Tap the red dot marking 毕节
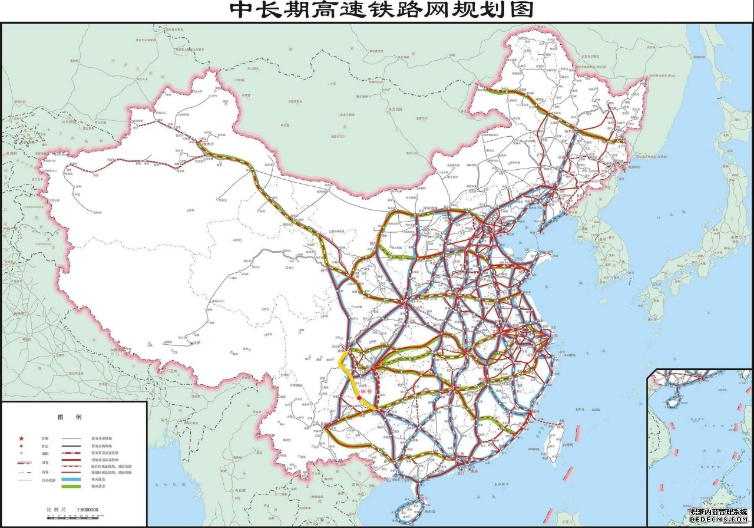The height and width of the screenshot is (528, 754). click(359, 399)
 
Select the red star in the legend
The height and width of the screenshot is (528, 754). click(22, 439)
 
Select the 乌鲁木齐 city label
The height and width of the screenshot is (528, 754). click(206, 143)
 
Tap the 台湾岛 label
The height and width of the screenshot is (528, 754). click(569, 445)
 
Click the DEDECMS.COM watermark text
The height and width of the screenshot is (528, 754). click(719, 522)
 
